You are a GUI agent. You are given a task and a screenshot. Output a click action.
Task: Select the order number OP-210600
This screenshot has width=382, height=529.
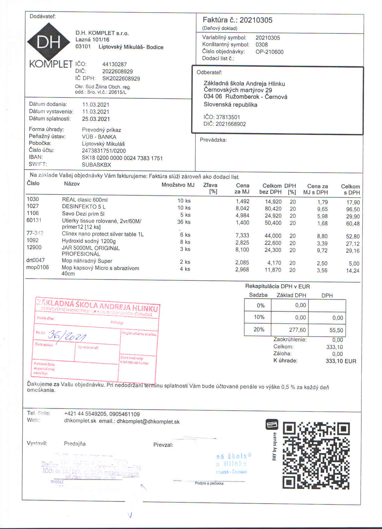click(x=269, y=52)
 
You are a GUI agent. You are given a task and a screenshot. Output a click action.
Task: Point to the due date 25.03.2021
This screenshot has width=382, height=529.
click(x=96, y=119)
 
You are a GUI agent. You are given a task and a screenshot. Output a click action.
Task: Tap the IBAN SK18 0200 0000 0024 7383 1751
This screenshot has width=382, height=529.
click(x=122, y=158)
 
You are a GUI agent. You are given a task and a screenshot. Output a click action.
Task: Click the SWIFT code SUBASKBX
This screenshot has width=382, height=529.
click(x=96, y=165)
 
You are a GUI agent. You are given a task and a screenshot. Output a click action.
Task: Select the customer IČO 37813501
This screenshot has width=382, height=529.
click(x=228, y=117)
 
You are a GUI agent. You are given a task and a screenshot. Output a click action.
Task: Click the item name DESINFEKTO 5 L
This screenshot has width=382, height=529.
click(x=84, y=207)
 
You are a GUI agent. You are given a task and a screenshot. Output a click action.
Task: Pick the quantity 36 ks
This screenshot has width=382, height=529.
click(x=184, y=222)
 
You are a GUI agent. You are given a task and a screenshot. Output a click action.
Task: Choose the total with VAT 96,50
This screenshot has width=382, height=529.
click(x=353, y=210)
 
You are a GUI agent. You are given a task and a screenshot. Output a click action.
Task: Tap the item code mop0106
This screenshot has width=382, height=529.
click(x=37, y=267)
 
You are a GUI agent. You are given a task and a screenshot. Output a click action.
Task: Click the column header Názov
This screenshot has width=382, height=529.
click(x=72, y=184)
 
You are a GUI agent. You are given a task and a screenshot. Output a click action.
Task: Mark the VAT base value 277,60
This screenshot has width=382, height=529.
click(x=297, y=330)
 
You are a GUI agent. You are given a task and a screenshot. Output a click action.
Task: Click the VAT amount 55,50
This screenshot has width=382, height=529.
click(x=336, y=330)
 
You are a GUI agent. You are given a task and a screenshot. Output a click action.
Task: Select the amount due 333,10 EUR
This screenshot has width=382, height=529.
click(x=341, y=361)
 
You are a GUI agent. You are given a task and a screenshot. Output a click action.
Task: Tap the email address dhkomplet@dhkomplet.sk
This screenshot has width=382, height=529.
click(x=148, y=422)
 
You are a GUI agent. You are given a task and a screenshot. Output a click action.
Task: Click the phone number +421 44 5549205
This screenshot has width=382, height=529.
click(x=85, y=414)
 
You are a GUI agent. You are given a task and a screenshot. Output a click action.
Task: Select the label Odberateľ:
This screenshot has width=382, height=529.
click(x=209, y=72)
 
